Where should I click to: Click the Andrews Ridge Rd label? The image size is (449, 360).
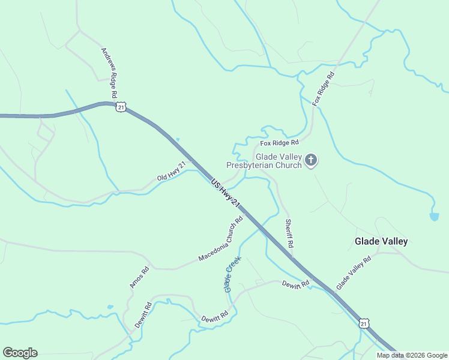tap(108, 73)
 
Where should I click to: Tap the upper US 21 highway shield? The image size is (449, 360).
tap(121, 107)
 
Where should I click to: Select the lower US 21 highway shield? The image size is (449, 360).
tap(364, 323)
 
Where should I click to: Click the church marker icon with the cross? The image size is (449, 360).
tap(311, 160)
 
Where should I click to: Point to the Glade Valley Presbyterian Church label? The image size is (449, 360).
tap(263, 161)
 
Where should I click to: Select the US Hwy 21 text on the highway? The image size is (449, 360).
tap(226, 193)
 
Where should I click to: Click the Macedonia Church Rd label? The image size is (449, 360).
tap(220, 239)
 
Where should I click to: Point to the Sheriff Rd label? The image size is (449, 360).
tap(289, 234)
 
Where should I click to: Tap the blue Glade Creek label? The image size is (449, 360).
tap(232, 274)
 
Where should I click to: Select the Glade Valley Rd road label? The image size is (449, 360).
tap(354, 273)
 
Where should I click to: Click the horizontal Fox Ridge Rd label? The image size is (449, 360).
tap(279, 143)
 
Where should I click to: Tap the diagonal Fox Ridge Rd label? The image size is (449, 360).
tap(323, 90)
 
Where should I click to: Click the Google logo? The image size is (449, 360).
tap(20, 353)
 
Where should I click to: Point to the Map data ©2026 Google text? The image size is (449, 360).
tap(412, 355)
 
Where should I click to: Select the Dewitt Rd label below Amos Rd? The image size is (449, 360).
tap(142, 314)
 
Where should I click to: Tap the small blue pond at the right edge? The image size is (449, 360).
tap(434, 216)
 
